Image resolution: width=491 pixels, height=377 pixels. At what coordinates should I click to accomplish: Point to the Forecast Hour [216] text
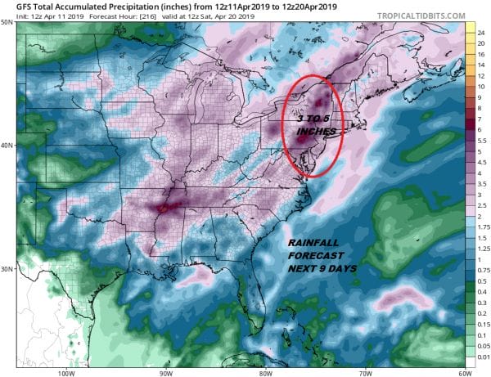click(x=131, y=16)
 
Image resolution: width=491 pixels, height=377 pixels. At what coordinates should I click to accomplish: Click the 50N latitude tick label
click(x=7, y=23)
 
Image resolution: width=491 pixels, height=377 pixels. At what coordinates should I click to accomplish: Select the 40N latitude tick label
click(x=7, y=146)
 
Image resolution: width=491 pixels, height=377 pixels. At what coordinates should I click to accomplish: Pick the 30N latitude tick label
click(x=7, y=270)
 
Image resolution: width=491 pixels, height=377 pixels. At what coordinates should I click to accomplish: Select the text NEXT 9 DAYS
click(x=326, y=268)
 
